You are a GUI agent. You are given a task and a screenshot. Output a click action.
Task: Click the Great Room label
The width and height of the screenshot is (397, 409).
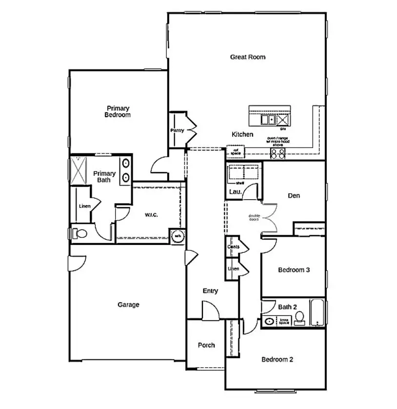click(248, 57)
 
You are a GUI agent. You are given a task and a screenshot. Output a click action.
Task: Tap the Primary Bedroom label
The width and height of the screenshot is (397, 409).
click(118, 112)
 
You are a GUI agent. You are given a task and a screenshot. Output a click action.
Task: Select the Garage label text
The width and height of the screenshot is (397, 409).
click(128, 305)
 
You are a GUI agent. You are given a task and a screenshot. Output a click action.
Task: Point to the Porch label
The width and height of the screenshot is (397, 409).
click(206, 345)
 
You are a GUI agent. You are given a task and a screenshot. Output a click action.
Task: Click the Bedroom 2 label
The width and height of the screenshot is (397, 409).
click(277, 360)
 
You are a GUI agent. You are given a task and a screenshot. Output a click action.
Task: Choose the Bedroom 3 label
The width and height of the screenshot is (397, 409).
click(294, 270)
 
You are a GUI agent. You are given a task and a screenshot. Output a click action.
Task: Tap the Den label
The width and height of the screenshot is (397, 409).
click(294, 196)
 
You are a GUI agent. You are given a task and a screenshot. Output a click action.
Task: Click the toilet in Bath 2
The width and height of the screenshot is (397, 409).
click(300, 318)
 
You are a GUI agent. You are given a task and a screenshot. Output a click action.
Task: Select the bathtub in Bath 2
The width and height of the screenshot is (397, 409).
click(317, 312)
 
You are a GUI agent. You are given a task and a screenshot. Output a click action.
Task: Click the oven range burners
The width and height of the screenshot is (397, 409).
click(278, 153)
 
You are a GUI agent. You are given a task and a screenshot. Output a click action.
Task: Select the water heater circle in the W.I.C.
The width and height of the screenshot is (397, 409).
click(177, 236)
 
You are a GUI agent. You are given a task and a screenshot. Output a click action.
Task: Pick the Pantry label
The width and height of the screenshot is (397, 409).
click(177, 131)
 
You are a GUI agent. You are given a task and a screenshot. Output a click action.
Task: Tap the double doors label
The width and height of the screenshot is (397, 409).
click(254, 218)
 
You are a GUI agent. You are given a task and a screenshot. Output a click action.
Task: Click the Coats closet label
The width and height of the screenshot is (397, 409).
click(233, 247)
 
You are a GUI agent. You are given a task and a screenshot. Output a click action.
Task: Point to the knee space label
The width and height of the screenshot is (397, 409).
click(284, 321)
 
